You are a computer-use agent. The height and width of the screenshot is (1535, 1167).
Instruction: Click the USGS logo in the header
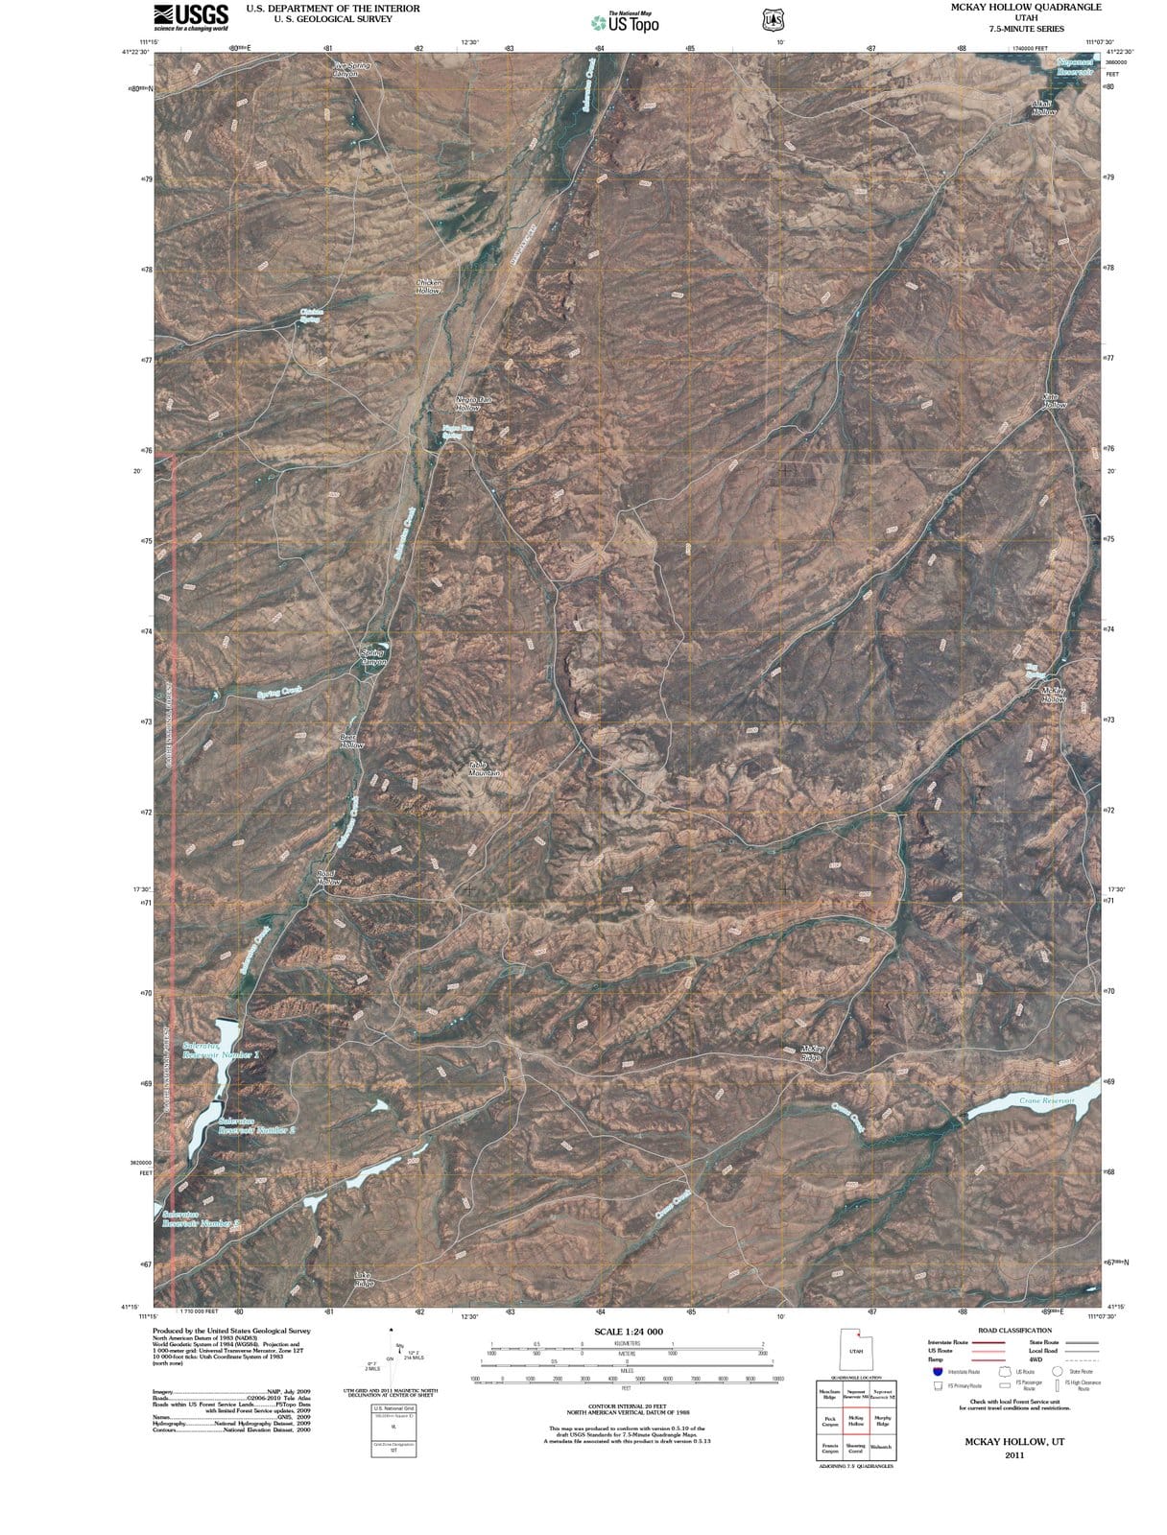pos(190,16)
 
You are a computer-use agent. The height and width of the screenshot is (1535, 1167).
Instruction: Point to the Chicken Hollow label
pos(428,287)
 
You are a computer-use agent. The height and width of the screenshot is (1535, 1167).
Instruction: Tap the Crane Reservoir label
pos(1046,1100)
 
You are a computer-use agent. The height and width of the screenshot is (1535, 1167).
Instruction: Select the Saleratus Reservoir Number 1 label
pos(221,1051)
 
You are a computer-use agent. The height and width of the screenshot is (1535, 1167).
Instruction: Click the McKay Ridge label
pos(811,1053)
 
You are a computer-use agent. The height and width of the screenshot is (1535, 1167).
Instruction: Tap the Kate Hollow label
pos(1054,401)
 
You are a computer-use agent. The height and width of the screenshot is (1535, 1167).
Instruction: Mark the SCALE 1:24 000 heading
pos(629,1332)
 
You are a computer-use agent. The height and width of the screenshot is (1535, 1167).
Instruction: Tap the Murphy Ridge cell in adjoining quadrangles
pos(883,1421)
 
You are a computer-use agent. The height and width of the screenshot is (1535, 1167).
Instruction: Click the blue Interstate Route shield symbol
pos(938,1372)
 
